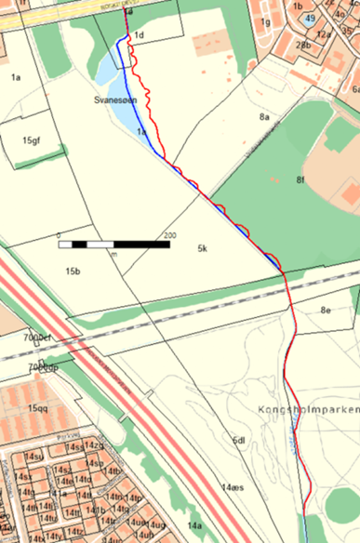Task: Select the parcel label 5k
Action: click(202, 249)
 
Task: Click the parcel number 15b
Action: click(73, 271)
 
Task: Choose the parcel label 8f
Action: click(300, 179)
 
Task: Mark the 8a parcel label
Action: click(264, 117)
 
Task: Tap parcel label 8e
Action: click(326, 310)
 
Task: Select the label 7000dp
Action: click(43, 368)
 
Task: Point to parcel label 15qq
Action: click(37, 408)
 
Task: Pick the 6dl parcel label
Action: click(238, 441)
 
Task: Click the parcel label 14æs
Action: click(233, 487)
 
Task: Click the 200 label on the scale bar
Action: click(169, 235)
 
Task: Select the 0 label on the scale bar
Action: click(58, 235)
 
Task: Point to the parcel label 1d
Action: click(140, 35)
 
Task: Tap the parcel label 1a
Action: click(16, 77)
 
